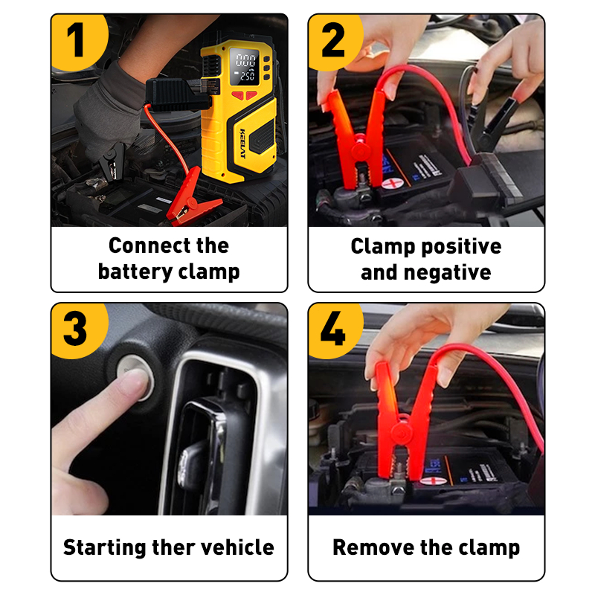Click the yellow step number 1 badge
point(78,41)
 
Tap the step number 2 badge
point(334,41)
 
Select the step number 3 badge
point(78,329)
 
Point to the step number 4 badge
point(334,329)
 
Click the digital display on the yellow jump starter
point(245,66)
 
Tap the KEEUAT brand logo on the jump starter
point(243,144)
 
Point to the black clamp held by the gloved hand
point(111,164)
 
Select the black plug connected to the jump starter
point(176,94)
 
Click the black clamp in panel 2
point(493,121)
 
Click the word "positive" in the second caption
point(461,247)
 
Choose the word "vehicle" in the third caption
point(237,547)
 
